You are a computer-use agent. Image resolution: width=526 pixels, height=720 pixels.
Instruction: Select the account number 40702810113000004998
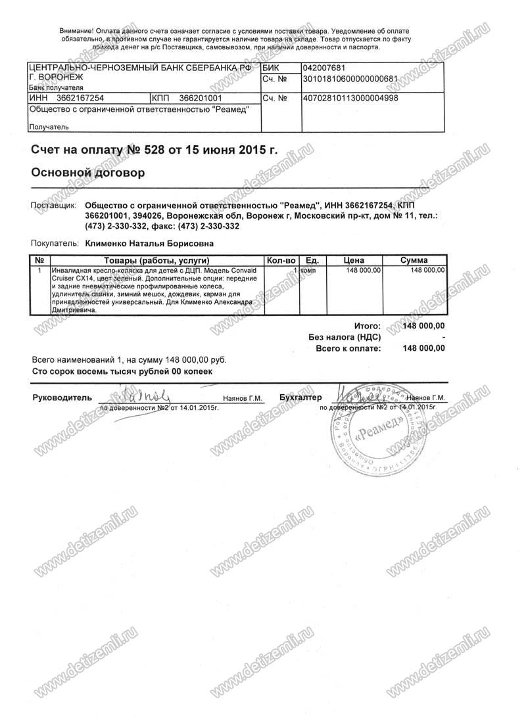[349, 98]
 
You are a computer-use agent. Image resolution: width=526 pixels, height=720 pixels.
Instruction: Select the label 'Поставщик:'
[54, 205]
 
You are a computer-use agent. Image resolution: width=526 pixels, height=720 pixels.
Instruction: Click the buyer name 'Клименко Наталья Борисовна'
[149, 243]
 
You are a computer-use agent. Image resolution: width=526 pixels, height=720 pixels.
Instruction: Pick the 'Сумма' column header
[414, 260]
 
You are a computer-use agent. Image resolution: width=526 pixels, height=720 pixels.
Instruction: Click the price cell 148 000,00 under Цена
[363, 270]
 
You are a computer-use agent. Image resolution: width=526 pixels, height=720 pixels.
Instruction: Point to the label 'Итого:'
[367, 325]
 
